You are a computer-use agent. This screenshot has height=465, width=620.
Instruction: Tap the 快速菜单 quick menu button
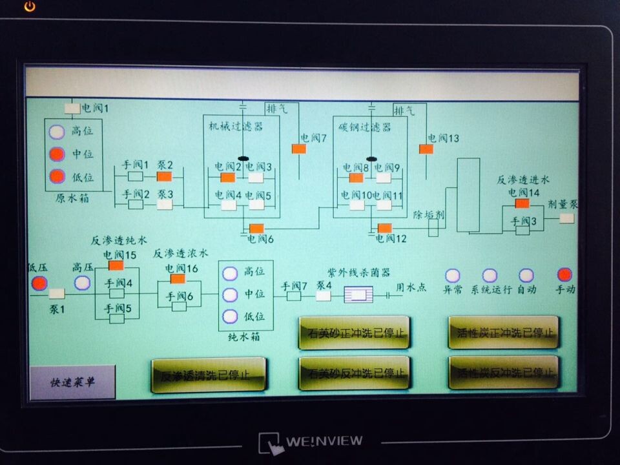point(72,382)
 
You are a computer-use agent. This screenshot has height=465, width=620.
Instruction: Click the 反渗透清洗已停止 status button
point(208,375)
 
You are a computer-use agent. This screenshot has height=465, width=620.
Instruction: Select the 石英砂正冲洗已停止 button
point(354,333)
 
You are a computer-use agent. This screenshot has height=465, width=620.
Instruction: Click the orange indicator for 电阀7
point(299,149)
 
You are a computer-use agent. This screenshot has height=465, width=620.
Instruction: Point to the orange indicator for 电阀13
point(426,149)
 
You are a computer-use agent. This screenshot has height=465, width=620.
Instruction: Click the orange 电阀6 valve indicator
point(256,228)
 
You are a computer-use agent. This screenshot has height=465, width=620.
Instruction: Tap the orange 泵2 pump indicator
point(165,176)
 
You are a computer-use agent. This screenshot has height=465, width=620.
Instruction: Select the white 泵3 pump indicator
point(165,204)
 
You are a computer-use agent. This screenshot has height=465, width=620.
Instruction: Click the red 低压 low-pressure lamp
point(39,283)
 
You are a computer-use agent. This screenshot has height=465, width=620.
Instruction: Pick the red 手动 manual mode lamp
point(565,275)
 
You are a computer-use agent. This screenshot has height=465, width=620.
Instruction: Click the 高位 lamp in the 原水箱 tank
point(57,131)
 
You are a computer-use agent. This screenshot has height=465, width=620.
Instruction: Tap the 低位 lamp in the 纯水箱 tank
point(230,316)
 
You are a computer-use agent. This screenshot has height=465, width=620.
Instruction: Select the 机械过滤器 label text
point(236,127)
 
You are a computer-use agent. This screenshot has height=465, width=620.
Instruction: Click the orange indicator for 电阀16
point(178,279)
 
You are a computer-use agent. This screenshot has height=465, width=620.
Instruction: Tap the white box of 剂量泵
point(566,218)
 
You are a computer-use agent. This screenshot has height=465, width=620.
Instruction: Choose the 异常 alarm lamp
point(453,276)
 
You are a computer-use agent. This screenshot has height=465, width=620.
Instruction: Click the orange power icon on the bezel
point(30,6)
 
